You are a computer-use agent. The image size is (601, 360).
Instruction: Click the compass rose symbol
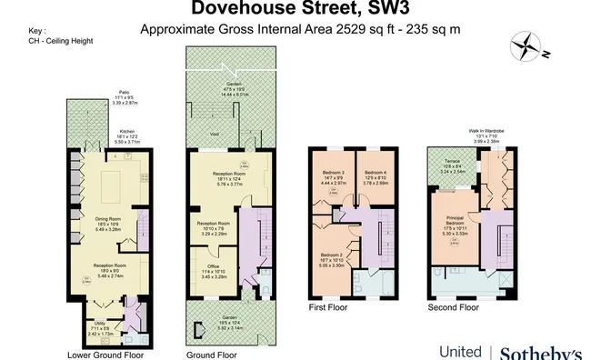tap(525, 45)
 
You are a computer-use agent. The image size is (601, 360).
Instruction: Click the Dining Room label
tap(108, 217)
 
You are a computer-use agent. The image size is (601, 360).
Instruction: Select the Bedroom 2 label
tap(333, 259)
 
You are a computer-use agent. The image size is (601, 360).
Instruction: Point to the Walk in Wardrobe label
tap(487, 131)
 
